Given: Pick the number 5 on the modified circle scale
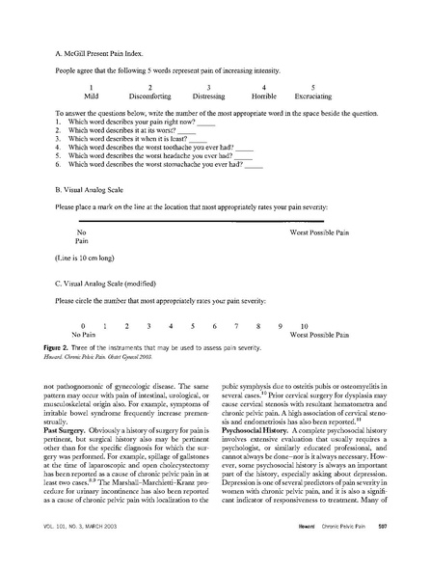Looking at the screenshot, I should (x=193, y=326).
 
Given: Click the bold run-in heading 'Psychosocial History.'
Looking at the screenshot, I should (x=255, y=453).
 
